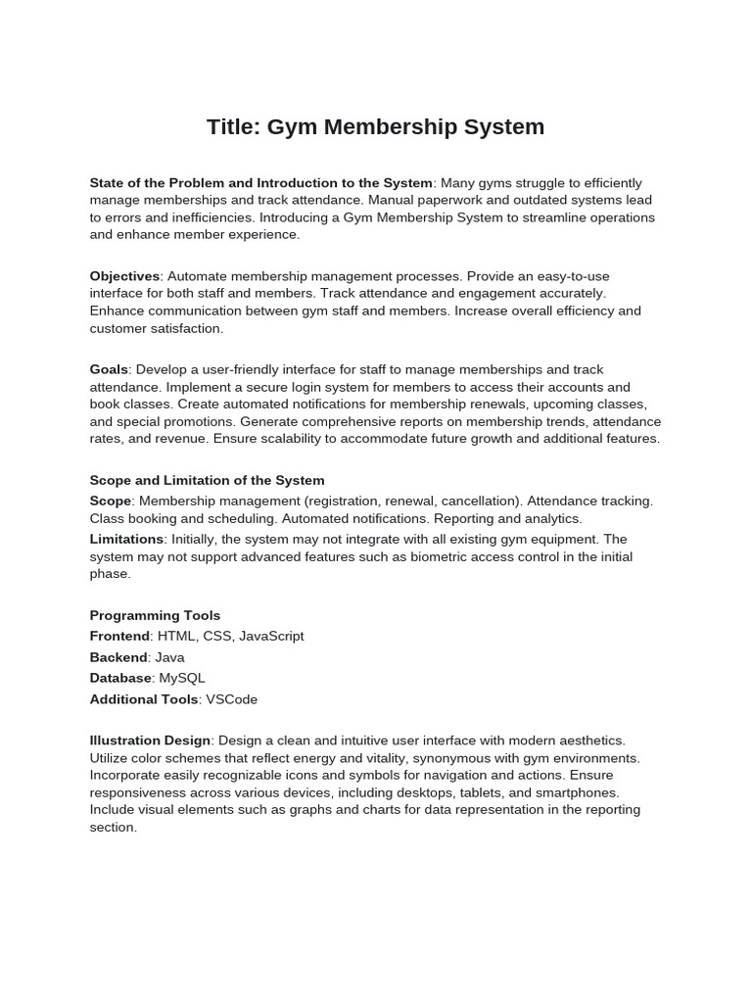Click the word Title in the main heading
click(229, 127)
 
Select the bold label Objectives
click(124, 276)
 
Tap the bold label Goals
click(109, 369)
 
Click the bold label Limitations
click(126, 539)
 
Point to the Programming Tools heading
click(155, 615)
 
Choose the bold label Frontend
click(119, 636)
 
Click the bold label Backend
click(117, 657)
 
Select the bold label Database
click(120, 678)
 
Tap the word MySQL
click(181, 678)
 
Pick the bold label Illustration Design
click(150, 740)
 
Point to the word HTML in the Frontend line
click(176, 636)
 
